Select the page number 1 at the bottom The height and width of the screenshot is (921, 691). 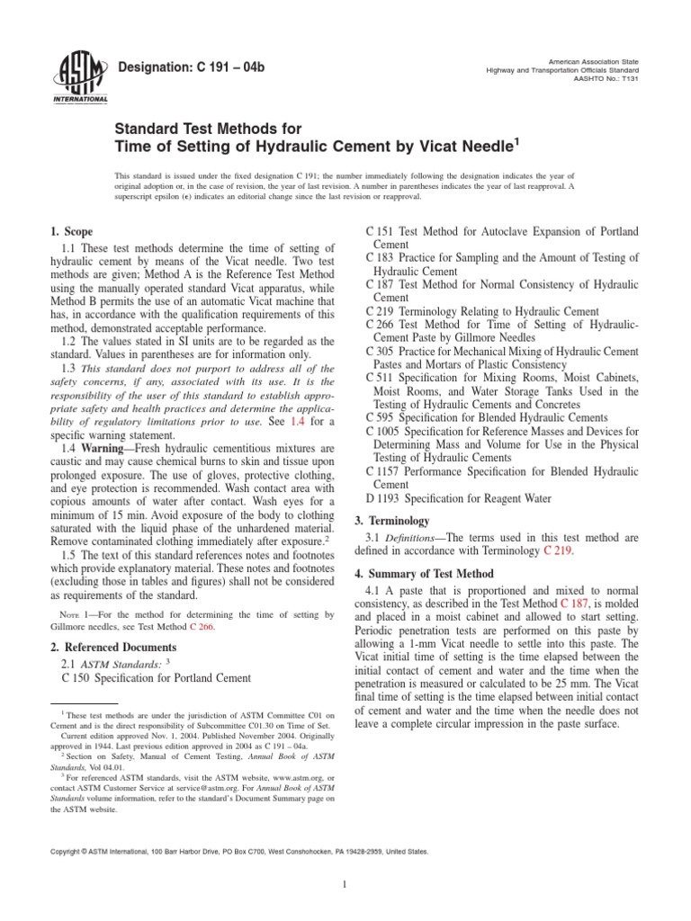coord(345,860)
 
